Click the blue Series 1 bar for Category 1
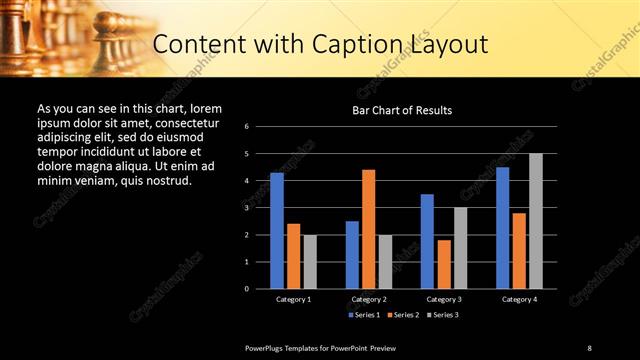tap(276, 231)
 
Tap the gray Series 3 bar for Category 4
tap(536, 221)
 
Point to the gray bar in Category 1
tap(310, 262)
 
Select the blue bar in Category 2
tap(352, 255)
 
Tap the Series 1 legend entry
tap(364, 315)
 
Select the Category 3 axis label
tap(444, 299)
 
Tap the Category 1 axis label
tap(293, 299)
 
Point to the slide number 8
tap(589, 347)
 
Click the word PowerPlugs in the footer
tap(269, 347)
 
